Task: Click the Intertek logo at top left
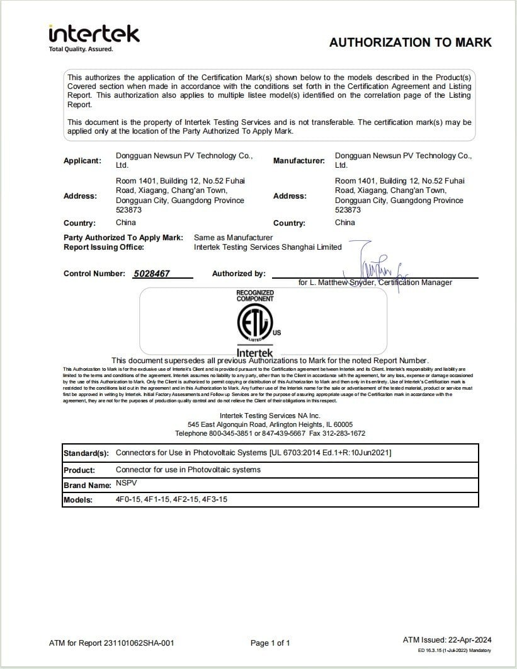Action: coord(94,34)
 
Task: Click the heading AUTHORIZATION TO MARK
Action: coord(411,43)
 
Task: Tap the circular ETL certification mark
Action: coord(254,323)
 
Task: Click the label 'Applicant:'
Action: coord(82,161)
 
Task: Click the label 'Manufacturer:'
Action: coord(299,161)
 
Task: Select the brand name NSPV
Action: coord(126,484)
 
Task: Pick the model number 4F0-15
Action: coord(129,499)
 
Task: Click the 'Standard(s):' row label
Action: coord(86,453)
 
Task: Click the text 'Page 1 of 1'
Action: coord(270,643)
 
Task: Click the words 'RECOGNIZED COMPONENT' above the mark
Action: coord(255,296)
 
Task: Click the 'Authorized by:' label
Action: coord(239,274)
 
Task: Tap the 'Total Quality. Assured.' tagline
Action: coord(81,49)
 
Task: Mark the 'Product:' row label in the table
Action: coord(79,470)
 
